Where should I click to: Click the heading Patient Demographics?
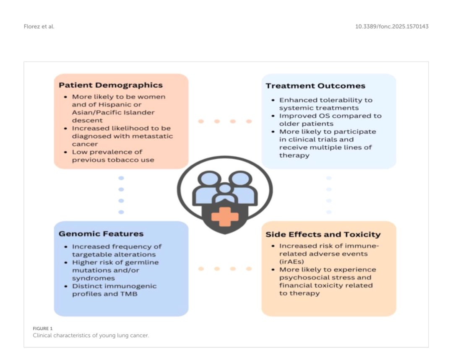point(110,85)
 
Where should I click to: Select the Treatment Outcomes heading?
point(315,86)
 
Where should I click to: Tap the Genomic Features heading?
point(101,234)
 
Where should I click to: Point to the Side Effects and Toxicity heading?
point(323,235)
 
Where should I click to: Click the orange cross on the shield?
point(225,217)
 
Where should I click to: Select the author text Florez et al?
point(39,27)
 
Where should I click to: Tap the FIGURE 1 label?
point(43,329)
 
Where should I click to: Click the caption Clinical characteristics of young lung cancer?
point(91,335)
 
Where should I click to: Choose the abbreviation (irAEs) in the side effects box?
point(293,262)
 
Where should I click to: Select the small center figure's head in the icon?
point(225,189)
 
